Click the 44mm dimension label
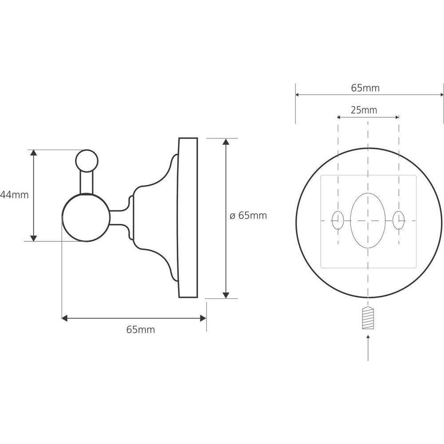[x=15, y=195]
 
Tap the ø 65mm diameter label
[x=248, y=215]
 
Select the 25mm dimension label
[x=364, y=110]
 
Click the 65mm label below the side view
[x=141, y=329]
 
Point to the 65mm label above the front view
[x=365, y=88]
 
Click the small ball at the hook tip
[x=87, y=161]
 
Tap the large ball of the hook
[x=86, y=218]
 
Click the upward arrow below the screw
[x=368, y=348]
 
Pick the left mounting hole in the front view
[x=337, y=220]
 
